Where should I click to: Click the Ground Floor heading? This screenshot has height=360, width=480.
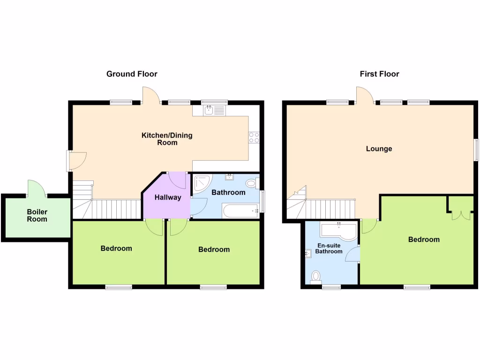click(x=132, y=74)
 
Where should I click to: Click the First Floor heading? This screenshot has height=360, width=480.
click(x=379, y=74)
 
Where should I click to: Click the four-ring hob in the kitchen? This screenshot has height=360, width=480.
click(x=254, y=137)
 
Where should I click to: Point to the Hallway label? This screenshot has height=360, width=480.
click(x=168, y=197)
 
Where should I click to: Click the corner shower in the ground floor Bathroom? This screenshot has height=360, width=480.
click(x=202, y=183)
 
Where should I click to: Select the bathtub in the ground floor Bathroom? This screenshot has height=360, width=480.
click(x=240, y=211)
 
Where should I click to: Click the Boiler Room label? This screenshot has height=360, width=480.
click(x=36, y=215)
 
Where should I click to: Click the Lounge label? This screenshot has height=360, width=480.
click(x=379, y=149)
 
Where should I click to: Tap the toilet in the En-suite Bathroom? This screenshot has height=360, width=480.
click(x=316, y=277)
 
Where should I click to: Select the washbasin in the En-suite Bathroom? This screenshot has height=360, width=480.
click(x=308, y=254)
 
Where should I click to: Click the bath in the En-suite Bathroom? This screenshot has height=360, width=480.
click(x=338, y=231)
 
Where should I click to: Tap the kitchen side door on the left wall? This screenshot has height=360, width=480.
click(x=75, y=160)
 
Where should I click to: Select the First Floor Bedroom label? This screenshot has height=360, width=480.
click(x=424, y=240)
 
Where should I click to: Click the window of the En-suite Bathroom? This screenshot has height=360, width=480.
click(x=331, y=287)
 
